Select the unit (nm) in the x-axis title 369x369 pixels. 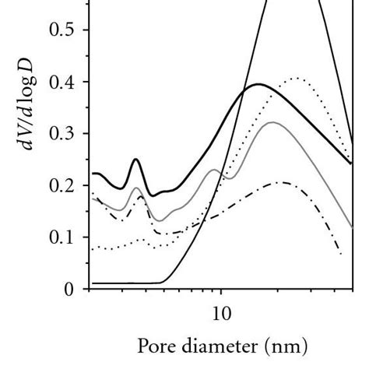pyautogui.click(x=285, y=345)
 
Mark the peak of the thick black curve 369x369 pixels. pyautogui.click(x=258, y=84)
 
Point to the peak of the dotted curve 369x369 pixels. pyautogui.click(x=296, y=78)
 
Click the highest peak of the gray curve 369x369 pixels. pyautogui.click(x=271, y=122)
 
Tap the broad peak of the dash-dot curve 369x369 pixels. pyautogui.click(x=285, y=182)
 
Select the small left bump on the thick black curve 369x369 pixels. pyautogui.click(x=135, y=160)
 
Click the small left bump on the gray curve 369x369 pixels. pyautogui.click(x=136, y=188)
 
